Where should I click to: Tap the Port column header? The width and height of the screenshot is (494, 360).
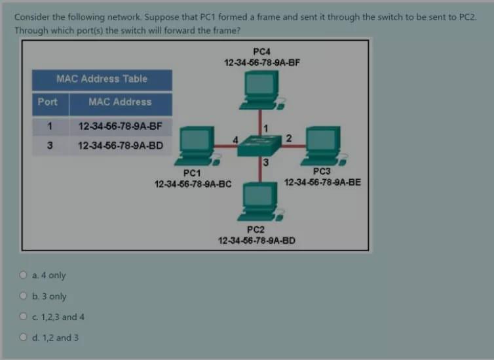click(x=47, y=102)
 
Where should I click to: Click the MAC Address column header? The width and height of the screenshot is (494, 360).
click(x=120, y=102)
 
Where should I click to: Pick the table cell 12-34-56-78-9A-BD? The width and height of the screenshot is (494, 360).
click(x=120, y=145)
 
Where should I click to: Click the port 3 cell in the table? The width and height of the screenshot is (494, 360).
click(x=50, y=145)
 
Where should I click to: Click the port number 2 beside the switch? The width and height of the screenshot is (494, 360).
click(x=289, y=137)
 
